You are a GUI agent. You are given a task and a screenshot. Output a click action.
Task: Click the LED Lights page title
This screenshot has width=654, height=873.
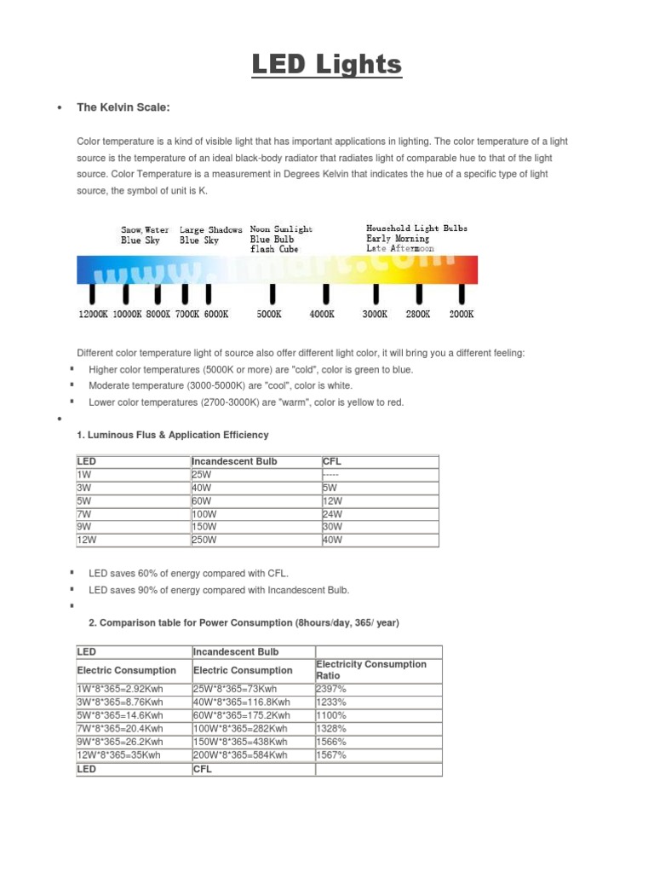point(326,66)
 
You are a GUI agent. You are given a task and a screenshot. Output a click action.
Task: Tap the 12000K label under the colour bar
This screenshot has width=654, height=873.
point(94,314)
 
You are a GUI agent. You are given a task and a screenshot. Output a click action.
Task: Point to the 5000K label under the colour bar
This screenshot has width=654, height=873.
point(269,314)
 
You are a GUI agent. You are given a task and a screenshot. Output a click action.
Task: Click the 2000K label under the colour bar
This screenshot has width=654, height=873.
point(461,314)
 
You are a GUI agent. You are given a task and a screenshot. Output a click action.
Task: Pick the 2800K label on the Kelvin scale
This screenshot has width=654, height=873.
point(417,314)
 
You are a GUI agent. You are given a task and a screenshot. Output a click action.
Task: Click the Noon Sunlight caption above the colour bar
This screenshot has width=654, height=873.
point(281,229)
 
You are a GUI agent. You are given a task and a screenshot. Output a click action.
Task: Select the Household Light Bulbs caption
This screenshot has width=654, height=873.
point(416,228)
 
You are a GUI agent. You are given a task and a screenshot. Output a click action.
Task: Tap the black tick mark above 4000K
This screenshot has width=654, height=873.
point(324,294)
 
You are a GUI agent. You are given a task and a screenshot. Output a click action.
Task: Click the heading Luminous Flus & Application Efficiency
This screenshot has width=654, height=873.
point(173,435)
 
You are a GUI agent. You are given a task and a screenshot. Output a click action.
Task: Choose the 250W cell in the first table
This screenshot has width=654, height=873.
point(205,540)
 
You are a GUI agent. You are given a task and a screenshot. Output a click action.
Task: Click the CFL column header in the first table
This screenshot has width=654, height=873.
point(332,461)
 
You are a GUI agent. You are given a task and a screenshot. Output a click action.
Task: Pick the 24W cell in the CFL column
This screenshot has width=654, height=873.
point(332,514)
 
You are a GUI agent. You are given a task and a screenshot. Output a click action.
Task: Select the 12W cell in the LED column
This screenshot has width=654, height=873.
point(86,540)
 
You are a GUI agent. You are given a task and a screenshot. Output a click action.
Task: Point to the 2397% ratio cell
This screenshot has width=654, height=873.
point(331,689)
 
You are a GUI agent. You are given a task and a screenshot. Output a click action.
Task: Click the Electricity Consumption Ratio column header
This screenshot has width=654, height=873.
point(370,669)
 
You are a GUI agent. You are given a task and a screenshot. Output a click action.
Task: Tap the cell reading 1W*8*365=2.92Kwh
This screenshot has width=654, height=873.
point(121,689)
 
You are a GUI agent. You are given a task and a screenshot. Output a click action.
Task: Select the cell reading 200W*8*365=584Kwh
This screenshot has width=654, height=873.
point(241,755)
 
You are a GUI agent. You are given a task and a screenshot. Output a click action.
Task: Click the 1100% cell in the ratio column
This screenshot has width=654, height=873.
point(331,715)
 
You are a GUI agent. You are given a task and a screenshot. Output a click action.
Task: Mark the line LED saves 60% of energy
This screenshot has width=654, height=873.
point(194,574)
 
